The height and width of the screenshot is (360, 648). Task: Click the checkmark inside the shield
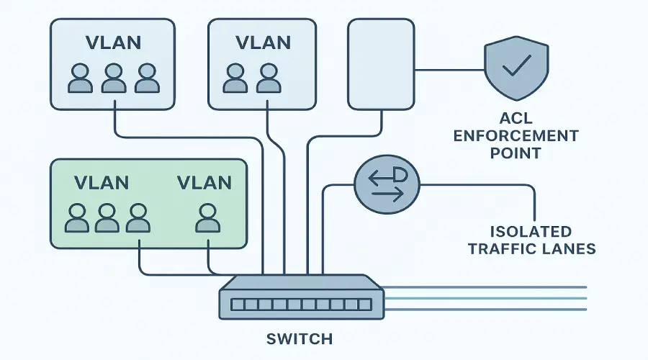pyautogui.click(x=515, y=68)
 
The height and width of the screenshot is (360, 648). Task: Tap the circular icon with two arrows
pyautogui.click(x=387, y=185)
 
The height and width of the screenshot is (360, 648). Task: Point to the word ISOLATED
pyautogui.click(x=531, y=232)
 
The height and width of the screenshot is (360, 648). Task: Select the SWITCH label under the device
pyautogui.click(x=299, y=338)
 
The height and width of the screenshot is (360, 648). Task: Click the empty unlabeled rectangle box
pyautogui.click(x=381, y=64)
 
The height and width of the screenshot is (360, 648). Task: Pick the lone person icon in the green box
pyautogui.click(x=207, y=218)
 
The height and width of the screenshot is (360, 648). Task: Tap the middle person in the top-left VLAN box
pyautogui.click(x=114, y=78)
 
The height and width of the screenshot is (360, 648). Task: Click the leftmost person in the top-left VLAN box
pyautogui.click(x=81, y=78)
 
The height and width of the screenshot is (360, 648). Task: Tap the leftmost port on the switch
pyautogui.click(x=237, y=305)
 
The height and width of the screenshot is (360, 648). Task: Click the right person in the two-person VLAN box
pyautogui.click(x=269, y=78)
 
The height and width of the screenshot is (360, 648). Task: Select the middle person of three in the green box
pyautogui.click(x=107, y=218)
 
